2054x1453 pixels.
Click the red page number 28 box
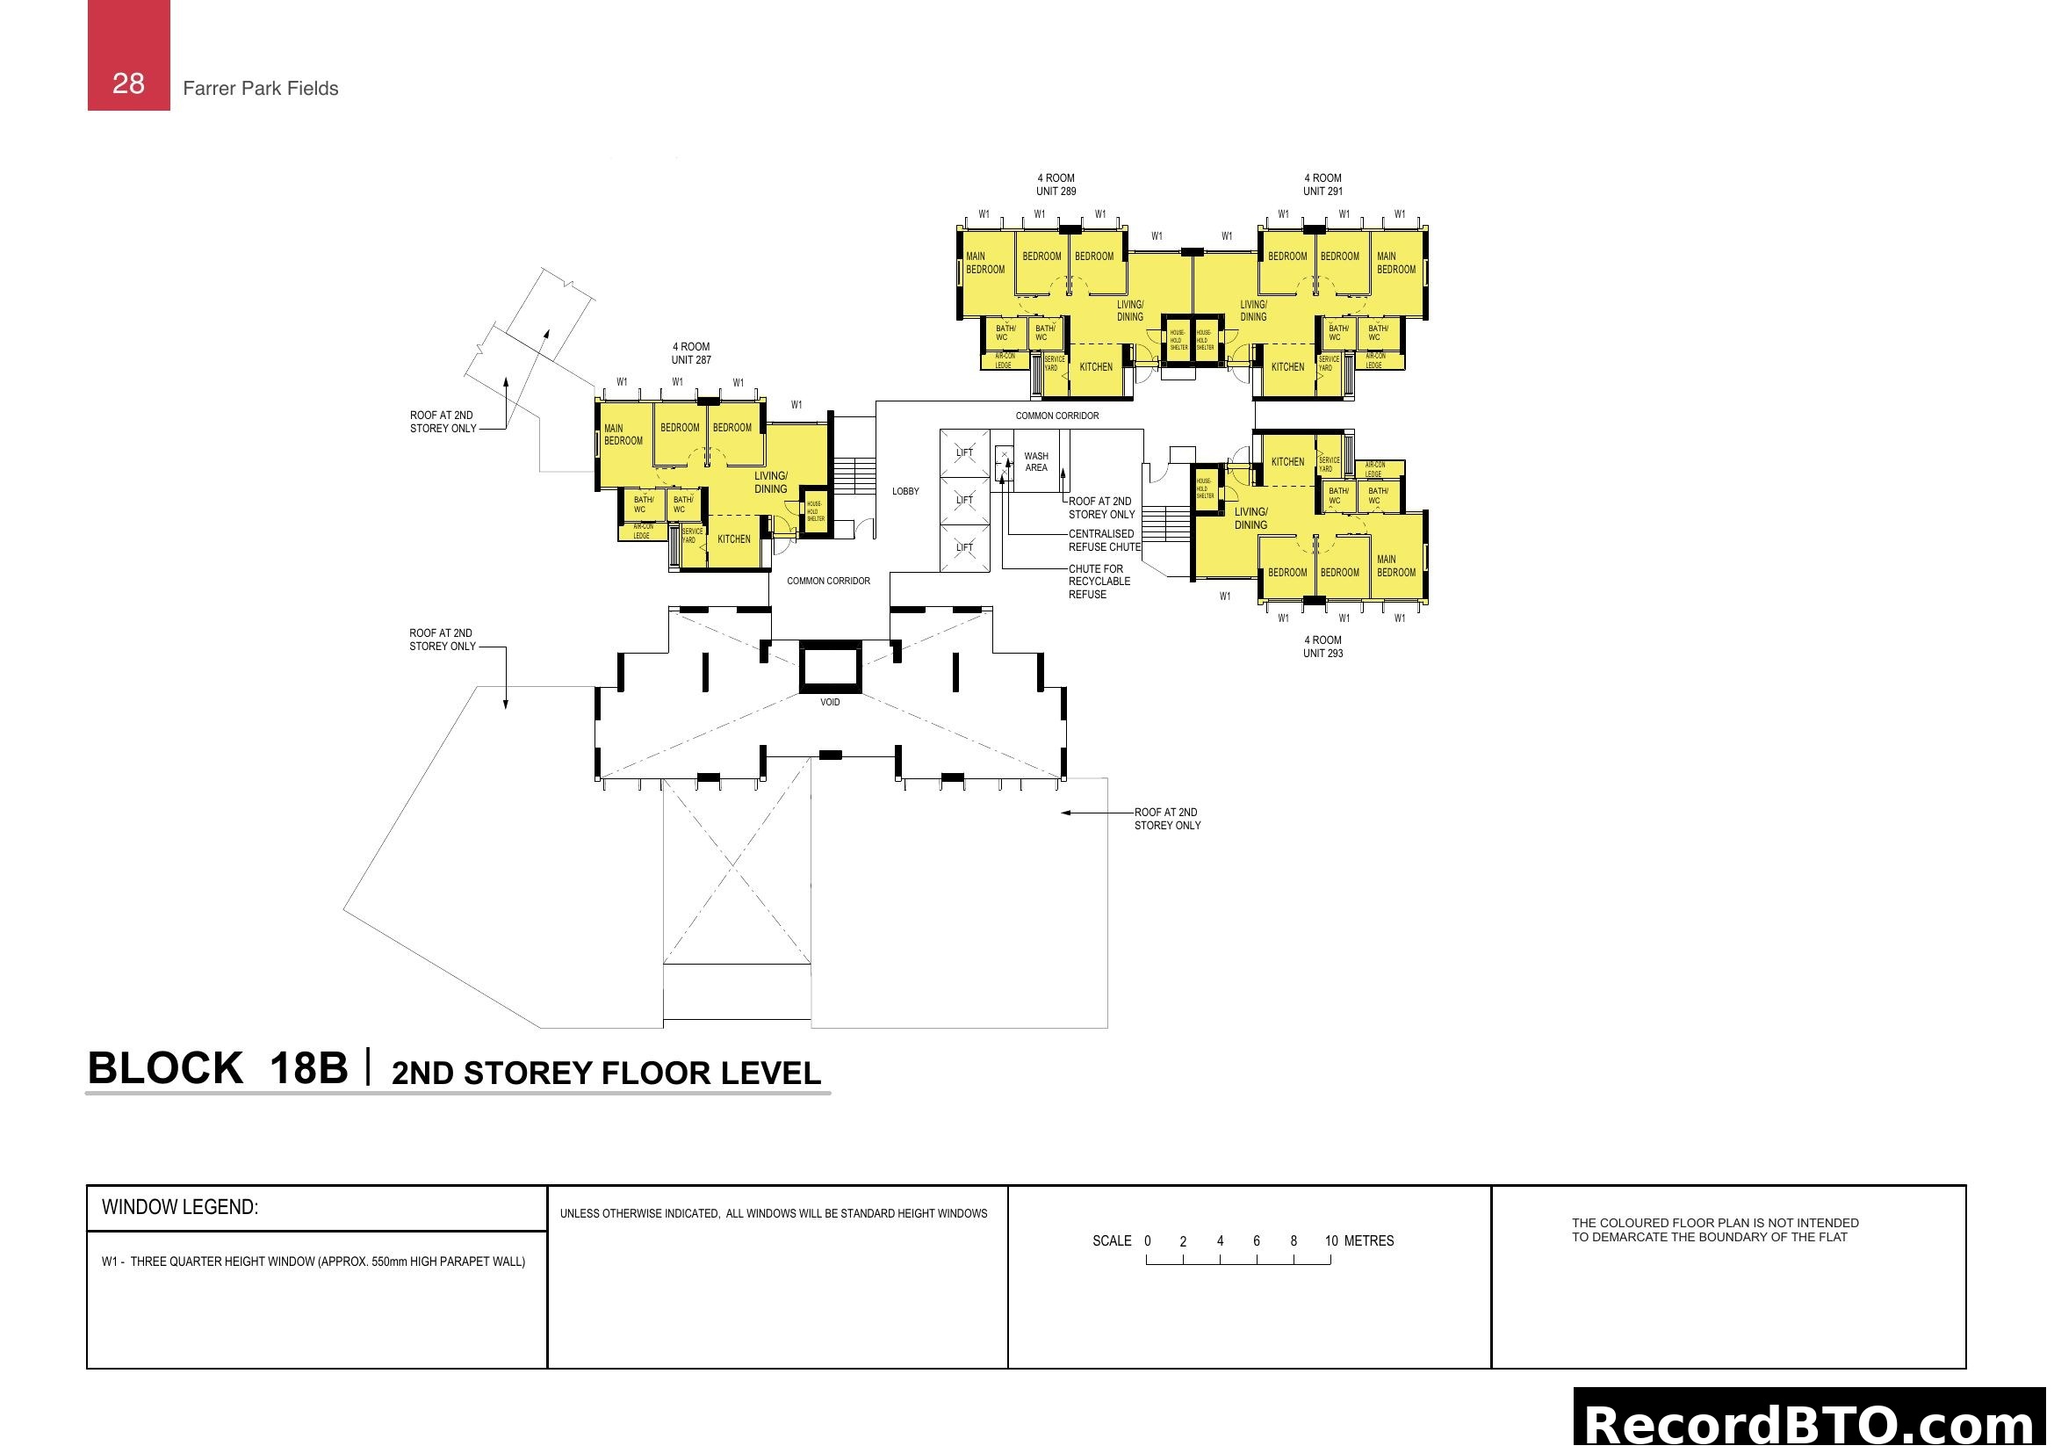[x=128, y=55]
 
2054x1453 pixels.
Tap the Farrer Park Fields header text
[x=260, y=89]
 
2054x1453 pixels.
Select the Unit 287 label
[x=690, y=353]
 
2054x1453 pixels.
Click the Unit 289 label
[x=1056, y=184]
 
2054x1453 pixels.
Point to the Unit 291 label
[x=1322, y=184]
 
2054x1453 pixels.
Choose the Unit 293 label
[x=1322, y=647]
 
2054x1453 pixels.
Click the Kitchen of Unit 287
[x=733, y=539]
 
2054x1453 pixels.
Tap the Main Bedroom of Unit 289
[x=985, y=262]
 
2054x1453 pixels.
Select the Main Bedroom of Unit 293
[x=1395, y=566]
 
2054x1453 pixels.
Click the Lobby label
[x=905, y=491]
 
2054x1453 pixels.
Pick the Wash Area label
[x=1036, y=462]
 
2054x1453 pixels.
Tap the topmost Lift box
[x=964, y=452]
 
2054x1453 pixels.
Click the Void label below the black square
[x=830, y=703]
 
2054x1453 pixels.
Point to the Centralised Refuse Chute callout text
[x=1104, y=540]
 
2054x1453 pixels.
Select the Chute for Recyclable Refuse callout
[x=1099, y=582]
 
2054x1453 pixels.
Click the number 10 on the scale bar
[x=1331, y=1241]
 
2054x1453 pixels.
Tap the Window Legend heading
[x=180, y=1207]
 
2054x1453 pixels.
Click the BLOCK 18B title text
[x=218, y=1068]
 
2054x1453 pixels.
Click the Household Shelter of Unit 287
[x=815, y=512]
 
